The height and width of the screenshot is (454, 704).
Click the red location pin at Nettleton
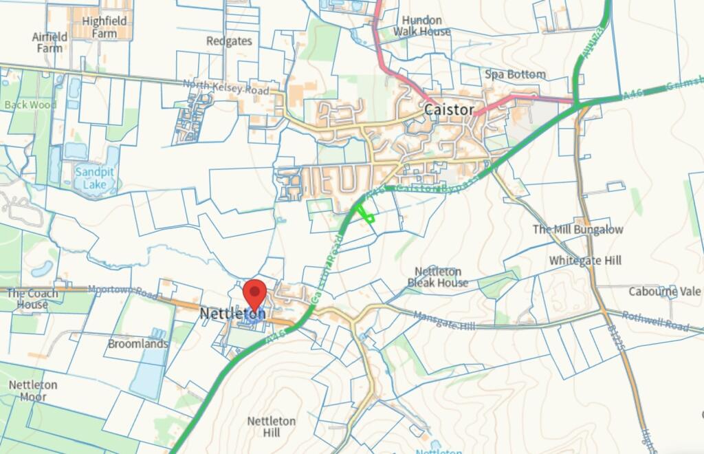(x=256, y=294)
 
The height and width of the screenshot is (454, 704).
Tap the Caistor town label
(x=449, y=110)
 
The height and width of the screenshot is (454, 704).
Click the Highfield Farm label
(x=104, y=27)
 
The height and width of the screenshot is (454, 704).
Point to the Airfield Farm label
(x=49, y=42)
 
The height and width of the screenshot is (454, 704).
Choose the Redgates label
(x=229, y=41)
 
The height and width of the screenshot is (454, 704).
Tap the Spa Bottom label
(x=515, y=74)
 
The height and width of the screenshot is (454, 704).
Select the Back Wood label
(x=30, y=105)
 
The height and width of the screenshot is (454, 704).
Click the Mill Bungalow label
(x=578, y=229)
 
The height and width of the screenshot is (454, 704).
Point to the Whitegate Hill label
(x=585, y=260)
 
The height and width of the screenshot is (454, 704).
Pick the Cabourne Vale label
(x=665, y=292)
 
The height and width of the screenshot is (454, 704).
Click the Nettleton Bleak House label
(x=438, y=277)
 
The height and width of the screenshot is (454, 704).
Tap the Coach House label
(x=32, y=299)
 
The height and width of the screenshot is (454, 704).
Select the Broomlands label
(x=138, y=344)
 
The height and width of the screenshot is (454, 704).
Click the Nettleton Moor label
(x=32, y=391)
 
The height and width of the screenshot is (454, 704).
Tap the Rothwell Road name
(x=656, y=321)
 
